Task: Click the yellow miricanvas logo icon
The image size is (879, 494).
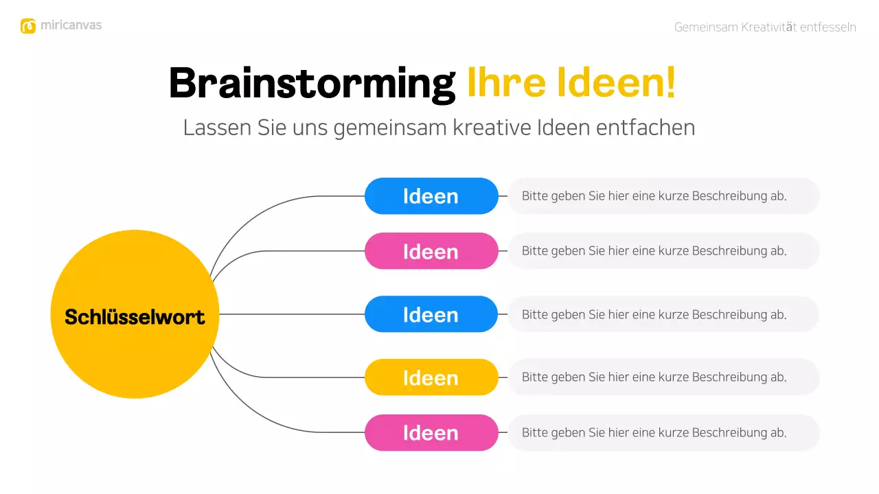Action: [x=28, y=26]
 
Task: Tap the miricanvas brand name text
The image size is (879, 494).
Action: [x=71, y=25]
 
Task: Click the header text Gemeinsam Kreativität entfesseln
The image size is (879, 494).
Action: [x=765, y=27]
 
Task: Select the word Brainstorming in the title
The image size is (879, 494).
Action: [x=312, y=84]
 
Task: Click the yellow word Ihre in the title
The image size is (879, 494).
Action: [x=506, y=84]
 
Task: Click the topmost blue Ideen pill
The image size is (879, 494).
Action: [x=431, y=196]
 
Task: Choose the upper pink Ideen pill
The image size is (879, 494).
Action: [x=431, y=251]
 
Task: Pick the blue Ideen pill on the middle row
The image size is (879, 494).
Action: [x=431, y=314]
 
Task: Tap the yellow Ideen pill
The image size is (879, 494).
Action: [x=431, y=377]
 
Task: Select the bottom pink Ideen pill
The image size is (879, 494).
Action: [x=431, y=433]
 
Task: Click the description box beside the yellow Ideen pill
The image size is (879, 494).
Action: [x=663, y=377]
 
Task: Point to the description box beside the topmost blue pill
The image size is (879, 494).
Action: [x=663, y=196]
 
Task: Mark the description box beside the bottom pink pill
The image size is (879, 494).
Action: [x=663, y=433]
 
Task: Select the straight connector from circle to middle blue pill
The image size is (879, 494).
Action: [x=292, y=314]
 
